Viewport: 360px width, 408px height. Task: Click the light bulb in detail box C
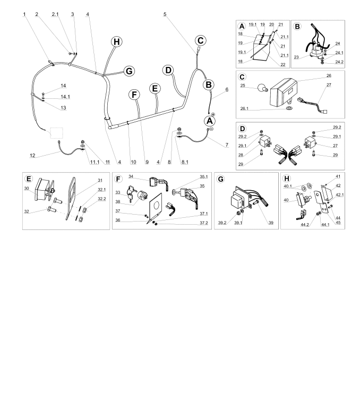pos(262,89)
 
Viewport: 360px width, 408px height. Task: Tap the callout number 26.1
pos(244,108)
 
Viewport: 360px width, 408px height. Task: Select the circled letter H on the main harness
pos(116,41)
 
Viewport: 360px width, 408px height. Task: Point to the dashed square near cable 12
pos(56,133)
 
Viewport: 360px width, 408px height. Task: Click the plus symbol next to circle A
pos(213,114)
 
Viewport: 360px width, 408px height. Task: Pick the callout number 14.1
pos(65,97)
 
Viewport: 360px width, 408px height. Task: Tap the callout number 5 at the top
pos(165,14)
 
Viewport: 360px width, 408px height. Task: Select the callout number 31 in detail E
pos(100,180)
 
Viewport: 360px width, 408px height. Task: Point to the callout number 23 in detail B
pos(296,57)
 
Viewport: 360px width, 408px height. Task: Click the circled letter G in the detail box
pos(220,179)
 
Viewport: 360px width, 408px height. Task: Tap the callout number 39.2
pos(222,223)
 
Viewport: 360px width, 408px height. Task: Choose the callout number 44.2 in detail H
pos(305,225)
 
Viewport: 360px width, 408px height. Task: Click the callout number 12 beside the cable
pos(32,156)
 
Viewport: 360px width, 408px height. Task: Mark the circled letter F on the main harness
pos(134,95)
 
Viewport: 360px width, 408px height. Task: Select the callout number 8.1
pos(185,162)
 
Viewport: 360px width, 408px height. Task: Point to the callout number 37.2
pos(204,223)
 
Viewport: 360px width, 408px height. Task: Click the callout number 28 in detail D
pos(241,155)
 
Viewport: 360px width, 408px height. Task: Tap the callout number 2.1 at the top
pos(55,14)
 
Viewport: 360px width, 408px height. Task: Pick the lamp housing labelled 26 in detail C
pos(284,92)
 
